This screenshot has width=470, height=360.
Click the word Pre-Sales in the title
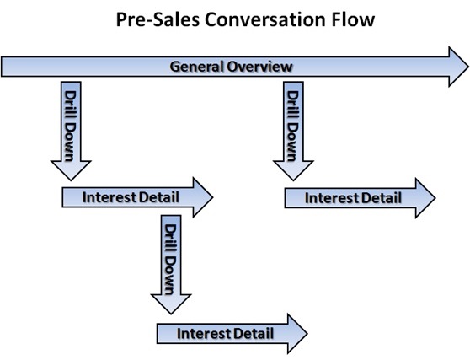(x=158, y=19)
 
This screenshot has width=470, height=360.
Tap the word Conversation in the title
(x=265, y=19)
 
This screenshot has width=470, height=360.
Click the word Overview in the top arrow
(x=259, y=67)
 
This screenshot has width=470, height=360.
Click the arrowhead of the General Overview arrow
(x=458, y=67)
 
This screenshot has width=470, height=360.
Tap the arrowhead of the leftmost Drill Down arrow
(x=71, y=170)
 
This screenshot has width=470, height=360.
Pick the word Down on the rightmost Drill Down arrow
(x=293, y=142)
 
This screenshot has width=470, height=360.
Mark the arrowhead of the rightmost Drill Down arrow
(x=293, y=170)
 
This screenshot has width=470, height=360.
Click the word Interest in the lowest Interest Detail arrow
(x=204, y=333)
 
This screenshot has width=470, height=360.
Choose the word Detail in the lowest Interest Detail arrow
(x=254, y=333)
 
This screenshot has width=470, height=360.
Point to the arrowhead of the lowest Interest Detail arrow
(x=297, y=334)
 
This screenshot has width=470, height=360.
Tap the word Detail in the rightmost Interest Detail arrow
(x=382, y=198)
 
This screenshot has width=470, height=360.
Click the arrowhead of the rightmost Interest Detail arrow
(x=425, y=198)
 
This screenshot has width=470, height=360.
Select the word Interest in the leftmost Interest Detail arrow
(x=109, y=197)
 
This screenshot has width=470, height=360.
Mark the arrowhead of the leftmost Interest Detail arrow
(x=203, y=197)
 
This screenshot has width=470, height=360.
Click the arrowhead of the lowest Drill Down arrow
(x=171, y=304)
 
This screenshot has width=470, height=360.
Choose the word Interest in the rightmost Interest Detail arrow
(x=332, y=198)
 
